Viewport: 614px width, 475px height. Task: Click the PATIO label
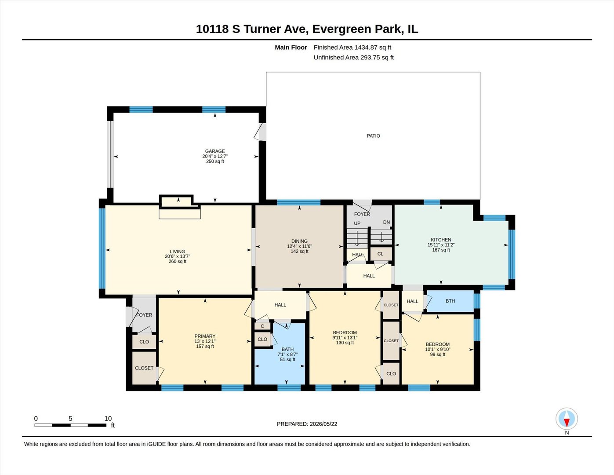pos(373,136)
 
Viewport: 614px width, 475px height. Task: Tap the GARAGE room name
pos(215,151)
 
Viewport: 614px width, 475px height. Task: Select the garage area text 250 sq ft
pos(215,161)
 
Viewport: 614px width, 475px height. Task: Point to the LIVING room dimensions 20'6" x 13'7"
pos(178,256)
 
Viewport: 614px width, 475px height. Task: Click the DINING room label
pos(299,241)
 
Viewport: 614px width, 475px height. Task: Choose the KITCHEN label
pos(441,240)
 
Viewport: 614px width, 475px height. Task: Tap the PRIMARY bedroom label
pos(205,336)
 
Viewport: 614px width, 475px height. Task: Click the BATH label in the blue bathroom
pos(287,350)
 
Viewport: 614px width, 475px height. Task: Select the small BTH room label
pos(450,301)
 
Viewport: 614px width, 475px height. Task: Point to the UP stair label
pos(357,223)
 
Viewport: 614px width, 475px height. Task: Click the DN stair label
pos(386,222)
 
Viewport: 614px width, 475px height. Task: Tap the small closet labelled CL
pos(380,254)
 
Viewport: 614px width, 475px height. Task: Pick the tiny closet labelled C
pos(262,326)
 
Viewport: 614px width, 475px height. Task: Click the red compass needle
pos(567,423)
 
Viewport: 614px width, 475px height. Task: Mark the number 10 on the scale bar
pos(108,419)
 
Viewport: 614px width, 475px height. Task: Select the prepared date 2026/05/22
pos(323,424)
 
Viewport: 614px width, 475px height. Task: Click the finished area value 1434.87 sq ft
pos(373,47)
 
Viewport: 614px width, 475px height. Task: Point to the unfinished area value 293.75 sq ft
pos(377,57)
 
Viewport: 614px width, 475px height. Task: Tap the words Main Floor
pos(291,47)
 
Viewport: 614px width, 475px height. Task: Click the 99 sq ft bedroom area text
pos(437,354)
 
